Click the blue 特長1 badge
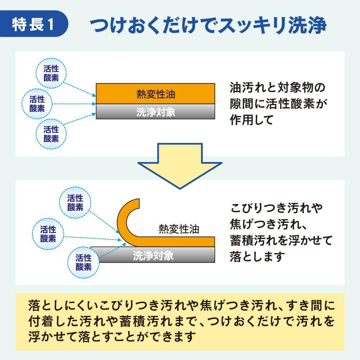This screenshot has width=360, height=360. point(34,24)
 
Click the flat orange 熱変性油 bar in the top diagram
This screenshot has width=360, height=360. point(156,94)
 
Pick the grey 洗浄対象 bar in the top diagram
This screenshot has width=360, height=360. point(156,112)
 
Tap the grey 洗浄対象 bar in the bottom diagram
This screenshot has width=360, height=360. point(153,255)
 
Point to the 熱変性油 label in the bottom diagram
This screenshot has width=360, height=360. point(179,229)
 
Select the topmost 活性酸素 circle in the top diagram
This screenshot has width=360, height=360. point(51,73)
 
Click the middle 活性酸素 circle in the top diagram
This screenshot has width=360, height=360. point(37,104)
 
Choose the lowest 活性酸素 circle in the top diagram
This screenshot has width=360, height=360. point(51,134)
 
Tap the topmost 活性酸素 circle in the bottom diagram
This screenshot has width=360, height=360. point(75,202)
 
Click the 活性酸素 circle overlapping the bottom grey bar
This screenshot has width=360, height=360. point(84,262)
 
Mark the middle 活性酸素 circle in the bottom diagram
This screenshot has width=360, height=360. point(48,234)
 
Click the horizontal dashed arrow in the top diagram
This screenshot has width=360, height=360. point(74,104)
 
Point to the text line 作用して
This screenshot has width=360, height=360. point(251,120)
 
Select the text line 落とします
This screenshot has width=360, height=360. point(257,257)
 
